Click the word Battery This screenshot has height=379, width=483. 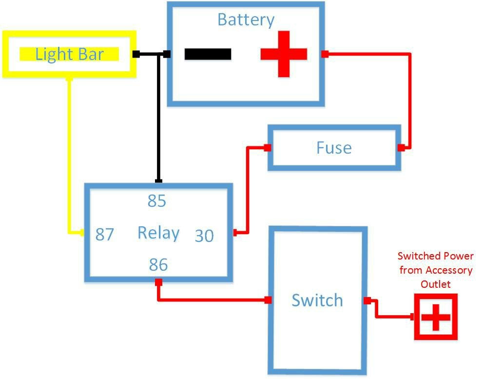tap(246, 20)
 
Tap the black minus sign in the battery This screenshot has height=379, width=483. tap(208, 54)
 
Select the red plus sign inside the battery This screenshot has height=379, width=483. tap(284, 54)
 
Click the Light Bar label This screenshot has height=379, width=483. tap(69, 54)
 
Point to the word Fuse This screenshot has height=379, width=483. tap(334, 148)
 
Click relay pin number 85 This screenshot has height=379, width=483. tap(157, 201)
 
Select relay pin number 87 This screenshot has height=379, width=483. tap(104, 235)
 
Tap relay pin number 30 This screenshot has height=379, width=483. tap(204, 236)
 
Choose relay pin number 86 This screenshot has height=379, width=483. tap(158, 265)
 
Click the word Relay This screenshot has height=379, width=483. tap(158, 233)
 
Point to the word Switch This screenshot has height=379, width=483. tap(317, 300)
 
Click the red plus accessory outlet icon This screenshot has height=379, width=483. tap(436, 317)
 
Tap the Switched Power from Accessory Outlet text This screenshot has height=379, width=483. tap(435, 270)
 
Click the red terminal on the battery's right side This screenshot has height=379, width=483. tap(325, 54)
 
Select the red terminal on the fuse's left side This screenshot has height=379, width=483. tap(267, 148)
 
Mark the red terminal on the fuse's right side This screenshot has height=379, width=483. tap(401, 148)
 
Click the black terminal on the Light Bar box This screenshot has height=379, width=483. tap(136, 54)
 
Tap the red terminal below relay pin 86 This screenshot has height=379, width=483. tap(158, 282)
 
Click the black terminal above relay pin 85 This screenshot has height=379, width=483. tap(157, 180)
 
